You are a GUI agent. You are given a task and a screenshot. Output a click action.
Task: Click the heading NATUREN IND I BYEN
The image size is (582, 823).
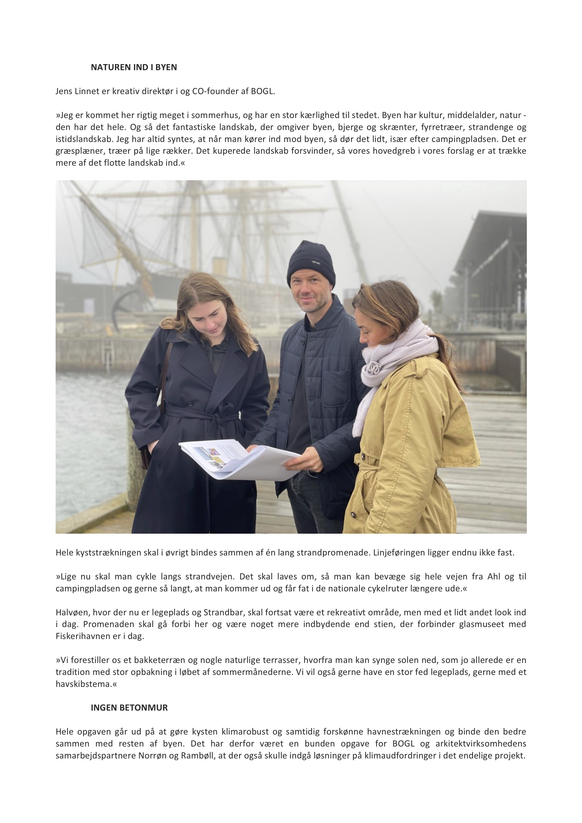pos(134,67)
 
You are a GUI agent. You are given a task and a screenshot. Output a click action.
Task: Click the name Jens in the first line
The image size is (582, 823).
pos(63,91)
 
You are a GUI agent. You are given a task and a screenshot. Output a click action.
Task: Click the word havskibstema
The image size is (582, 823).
pos(85,684)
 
